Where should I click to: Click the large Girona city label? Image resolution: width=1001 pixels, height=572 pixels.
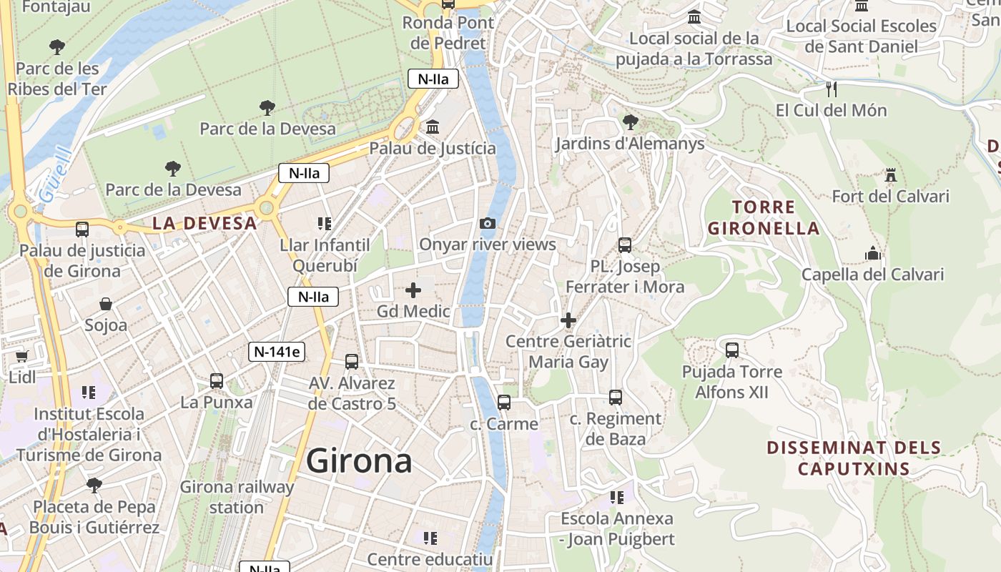tap(359, 461)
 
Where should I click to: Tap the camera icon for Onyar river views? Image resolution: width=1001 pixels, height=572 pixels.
tap(488, 224)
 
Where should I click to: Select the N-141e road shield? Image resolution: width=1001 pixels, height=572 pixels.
tap(277, 351)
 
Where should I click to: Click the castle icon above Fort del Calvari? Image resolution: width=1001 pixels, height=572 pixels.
tap(890, 174)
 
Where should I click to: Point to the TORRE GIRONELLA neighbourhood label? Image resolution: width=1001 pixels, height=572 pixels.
tap(762, 218)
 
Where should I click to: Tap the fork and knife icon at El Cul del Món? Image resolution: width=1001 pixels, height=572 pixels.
tap(831, 89)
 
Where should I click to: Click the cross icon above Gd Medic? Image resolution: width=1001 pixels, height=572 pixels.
tap(413, 290)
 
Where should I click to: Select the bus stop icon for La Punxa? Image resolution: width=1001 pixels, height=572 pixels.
tap(217, 381)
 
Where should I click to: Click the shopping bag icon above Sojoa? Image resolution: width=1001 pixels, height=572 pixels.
tap(106, 304)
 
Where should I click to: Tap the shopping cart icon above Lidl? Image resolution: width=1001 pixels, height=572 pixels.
tap(21, 355)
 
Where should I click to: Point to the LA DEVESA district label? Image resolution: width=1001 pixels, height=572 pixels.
tap(204, 223)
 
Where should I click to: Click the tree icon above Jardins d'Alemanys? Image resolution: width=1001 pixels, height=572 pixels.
tap(630, 122)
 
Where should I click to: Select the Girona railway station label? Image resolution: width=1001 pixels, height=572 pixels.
tap(236, 497)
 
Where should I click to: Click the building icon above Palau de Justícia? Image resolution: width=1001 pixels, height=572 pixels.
tap(432, 127)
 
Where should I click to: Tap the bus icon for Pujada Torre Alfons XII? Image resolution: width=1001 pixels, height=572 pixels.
tap(731, 350)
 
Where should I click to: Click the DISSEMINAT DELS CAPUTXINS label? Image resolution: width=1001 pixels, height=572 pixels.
tap(854, 458)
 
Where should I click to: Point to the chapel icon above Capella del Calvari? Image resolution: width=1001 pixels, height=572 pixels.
tap(872, 253)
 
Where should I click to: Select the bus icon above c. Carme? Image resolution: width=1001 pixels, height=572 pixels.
tap(504, 403)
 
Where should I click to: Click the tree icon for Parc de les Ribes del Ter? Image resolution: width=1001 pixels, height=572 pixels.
tap(57, 48)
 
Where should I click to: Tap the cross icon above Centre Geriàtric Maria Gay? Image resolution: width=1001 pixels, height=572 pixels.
tap(568, 320)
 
